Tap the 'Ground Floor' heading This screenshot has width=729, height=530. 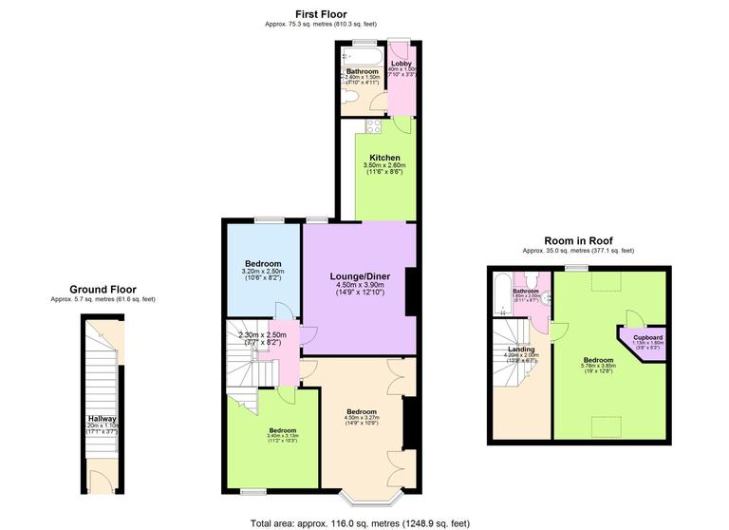coord(103,290)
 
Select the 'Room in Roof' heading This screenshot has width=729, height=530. coord(576,240)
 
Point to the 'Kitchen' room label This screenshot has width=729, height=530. coord(384,158)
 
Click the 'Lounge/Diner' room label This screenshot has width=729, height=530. coord(359,276)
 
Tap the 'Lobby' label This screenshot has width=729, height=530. coord(402,65)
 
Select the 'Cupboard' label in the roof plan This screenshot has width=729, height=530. coord(647,336)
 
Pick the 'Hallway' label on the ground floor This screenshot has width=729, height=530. coord(102,418)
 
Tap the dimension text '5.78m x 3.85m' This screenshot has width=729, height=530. coord(598,368)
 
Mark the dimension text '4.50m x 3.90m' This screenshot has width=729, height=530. coord(360,285)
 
